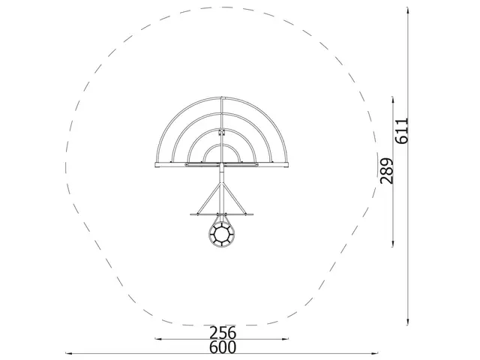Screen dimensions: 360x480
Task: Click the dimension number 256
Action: pyautogui.click(x=223, y=332)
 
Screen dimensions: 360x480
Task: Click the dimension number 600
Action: pyautogui.click(x=223, y=347)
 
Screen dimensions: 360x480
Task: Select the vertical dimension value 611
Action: pyautogui.click(x=402, y=130)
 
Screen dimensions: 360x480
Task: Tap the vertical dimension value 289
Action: pyautogui.click(x=386, y=172)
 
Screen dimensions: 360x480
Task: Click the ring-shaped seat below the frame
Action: pyautogui.click(x=223, y=235)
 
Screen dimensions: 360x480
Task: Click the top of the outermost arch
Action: pyautogui.click(x=223, y=97)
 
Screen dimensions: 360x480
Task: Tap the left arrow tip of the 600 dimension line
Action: pyautogui.click(x=65, y=352)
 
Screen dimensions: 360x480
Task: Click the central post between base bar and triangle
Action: pyautogui.click(x=223, y=178)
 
